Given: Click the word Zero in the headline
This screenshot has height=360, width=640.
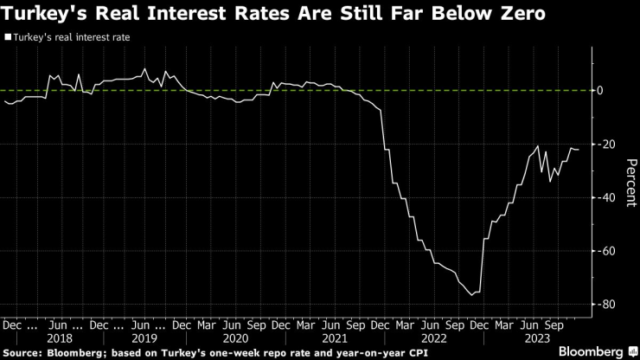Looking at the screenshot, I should click(x=520, y=15).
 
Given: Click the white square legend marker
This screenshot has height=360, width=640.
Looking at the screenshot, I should click(x=7, y=38).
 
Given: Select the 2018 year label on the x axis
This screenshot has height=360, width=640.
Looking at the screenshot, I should click(x=61, y=338).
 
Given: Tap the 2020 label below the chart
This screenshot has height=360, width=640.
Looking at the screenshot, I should click(x=235, y=338).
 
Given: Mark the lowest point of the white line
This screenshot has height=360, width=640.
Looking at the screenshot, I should click(x=472, y=295).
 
